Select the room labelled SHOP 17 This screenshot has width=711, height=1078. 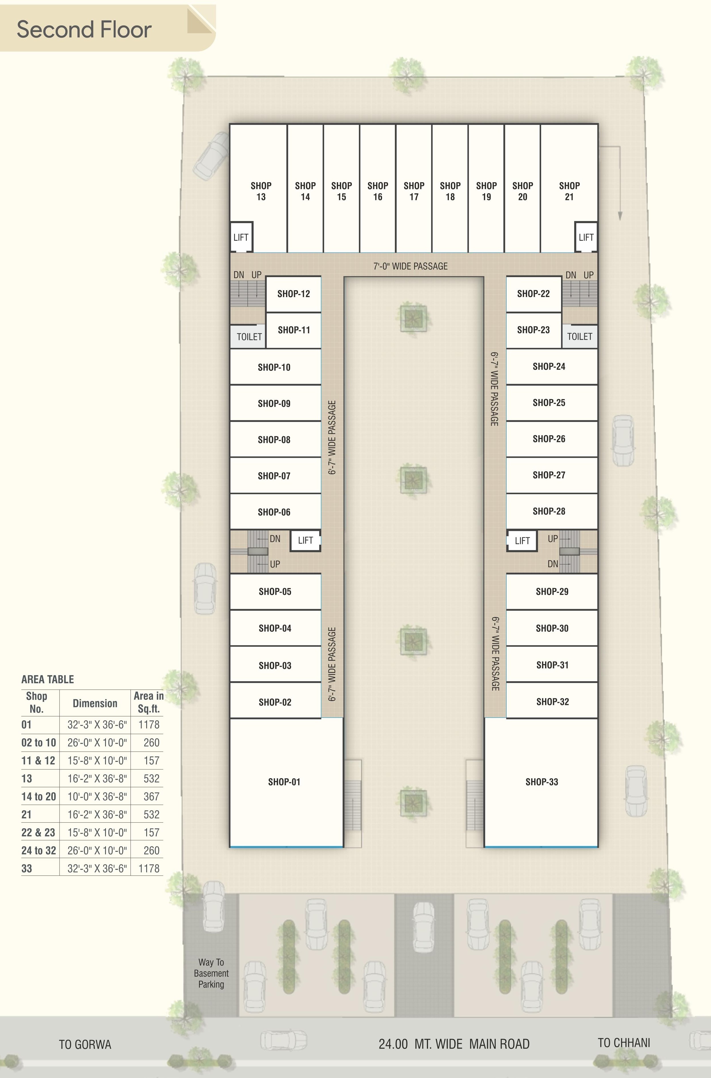pos(413,191)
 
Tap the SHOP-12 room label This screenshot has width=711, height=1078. pos(293,294)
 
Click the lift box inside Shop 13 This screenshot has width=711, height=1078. pos(241,237)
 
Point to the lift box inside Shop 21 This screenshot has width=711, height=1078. pos(586,237)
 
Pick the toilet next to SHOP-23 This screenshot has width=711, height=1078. pos(579,336)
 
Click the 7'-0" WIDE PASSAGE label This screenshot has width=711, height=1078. pos(410,266)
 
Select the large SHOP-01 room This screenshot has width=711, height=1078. pos(284,782)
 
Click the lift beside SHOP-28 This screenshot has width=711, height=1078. pos(522,541)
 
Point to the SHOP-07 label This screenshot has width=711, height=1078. pos(274,476)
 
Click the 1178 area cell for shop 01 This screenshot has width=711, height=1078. pos(149,725)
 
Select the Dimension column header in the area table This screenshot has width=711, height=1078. pos(95,704)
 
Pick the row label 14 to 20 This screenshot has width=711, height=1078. pos(39,796)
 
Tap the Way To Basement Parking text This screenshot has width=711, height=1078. pos(211,973)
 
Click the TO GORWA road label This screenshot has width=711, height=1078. pos(85,1045)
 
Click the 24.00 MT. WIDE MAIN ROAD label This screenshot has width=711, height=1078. pos(454,1044)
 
